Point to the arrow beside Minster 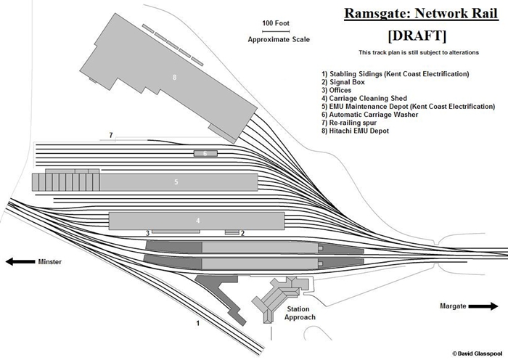[20, 262]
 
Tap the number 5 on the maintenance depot [176, 182]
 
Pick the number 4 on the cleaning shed [197, 220]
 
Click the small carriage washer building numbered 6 [205, 153]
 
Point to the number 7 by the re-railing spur [110, 136]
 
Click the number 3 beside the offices [147, 233]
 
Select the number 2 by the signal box [242, 233]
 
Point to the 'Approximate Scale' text [278, 39]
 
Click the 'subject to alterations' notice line [411, 53]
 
